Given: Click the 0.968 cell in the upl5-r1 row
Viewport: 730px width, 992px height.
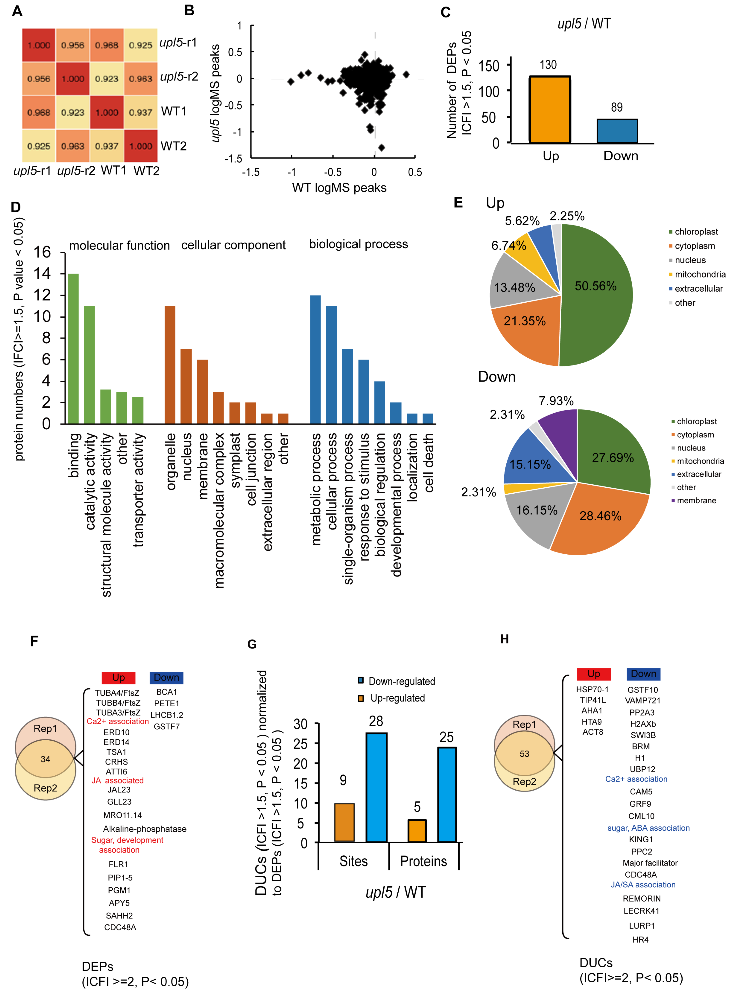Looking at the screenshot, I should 107,45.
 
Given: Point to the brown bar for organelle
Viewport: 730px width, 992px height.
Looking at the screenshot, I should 170,365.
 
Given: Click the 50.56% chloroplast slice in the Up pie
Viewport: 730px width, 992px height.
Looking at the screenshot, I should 596,292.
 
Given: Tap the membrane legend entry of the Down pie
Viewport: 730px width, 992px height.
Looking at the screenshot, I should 696,500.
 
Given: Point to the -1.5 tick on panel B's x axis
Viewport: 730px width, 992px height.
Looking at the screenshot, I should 251,172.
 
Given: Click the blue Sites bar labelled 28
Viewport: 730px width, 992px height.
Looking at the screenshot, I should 376,787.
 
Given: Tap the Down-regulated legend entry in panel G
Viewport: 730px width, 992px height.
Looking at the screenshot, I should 401,681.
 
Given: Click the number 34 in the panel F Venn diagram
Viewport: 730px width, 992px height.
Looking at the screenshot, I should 46,759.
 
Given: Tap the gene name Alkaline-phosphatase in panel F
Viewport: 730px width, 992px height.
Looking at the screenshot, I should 145,829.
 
